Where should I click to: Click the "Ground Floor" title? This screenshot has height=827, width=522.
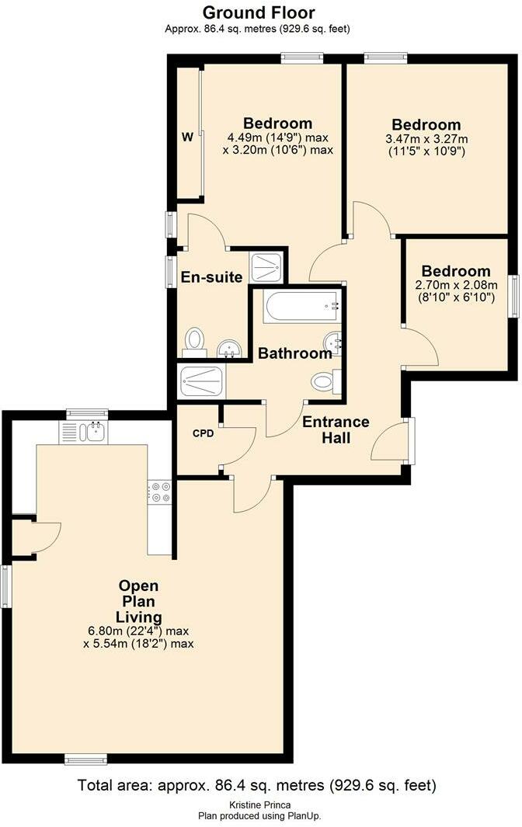pyautogui.click(x=259, y=12)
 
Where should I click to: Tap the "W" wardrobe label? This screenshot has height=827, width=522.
pyautogui.click(x=187, y=137)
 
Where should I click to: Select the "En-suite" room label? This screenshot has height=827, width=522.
pyautogui.click(x=212, y=277)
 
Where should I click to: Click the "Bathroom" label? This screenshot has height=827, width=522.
pyautogui.click(x=295, y=353)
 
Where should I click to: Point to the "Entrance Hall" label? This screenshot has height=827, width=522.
pyautogui.click(x=336, y=429)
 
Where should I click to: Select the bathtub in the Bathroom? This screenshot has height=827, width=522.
pyautogui.click(x=302, y=306)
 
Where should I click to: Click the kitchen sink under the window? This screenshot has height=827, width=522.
pyautogui.click(x=92, y=432)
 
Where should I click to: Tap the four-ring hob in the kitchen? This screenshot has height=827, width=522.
pyautogui.click(x=161, y=492)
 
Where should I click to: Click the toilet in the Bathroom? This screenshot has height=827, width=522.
pyautogui.click(x=324, y=381)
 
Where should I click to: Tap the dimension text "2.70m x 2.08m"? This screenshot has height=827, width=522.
pyautogui.click(x=456, y=285)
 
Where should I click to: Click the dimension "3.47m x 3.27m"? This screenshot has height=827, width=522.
pyautogui.click(x=426, y=139)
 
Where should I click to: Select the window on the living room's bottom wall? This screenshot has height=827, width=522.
pyautogui.click(x=85, y=759)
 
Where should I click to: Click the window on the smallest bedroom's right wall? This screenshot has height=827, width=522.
pyautogui.click(x=513, y=295)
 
